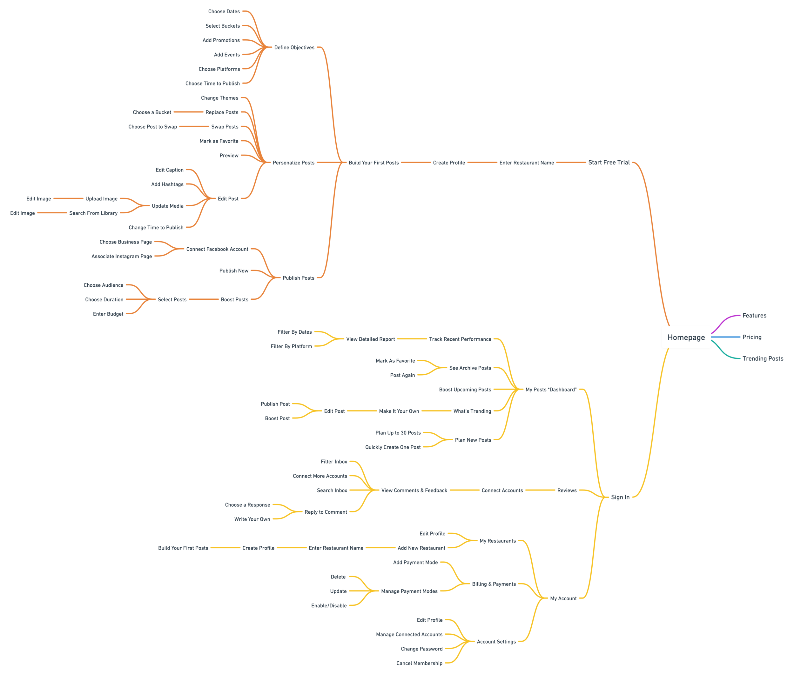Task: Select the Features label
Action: pos(754,316)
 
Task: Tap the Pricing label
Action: pos(752,337)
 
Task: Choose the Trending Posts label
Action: pos(763,358)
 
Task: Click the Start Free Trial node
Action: pos(609,162)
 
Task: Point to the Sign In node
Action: pos(620,497)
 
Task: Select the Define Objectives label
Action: pos(294,47)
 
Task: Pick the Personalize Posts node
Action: pos(293,163)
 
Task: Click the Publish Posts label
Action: pos(298,278)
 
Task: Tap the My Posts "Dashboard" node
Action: pos(550,389)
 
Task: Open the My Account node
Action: pos(563,598)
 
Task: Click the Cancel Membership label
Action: pos(419,663)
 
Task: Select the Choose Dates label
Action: pos(224,11)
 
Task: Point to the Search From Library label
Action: pos(93,213)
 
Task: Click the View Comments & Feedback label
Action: pos(414,490)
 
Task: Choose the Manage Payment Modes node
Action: pos(409,591)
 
